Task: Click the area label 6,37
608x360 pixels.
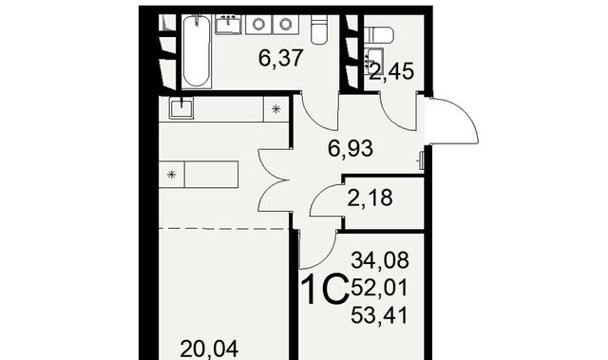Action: [x=280, y=59]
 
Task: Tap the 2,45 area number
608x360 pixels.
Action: [x=391, y=71]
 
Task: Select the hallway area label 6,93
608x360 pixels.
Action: [x=351, y=148]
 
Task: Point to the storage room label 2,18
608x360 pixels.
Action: [x=370, y=198]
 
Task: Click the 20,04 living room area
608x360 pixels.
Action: [x=209, y=350]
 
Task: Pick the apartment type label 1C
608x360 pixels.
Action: [x=325, y=289]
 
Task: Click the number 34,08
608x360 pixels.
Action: [x=380, y=260]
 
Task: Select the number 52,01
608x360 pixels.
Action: [x=380, y=288]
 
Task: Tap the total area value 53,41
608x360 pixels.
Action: [x=380, y=315]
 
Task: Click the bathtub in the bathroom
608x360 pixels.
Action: [x=197, y=50]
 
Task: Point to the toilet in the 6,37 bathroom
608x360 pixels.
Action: [x=319, y=29]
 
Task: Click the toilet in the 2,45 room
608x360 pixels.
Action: [x=379, y=35]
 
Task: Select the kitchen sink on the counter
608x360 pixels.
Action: [x=181, y=107]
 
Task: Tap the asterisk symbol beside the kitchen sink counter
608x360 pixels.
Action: [x=276, y=109]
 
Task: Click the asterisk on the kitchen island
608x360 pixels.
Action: [x=172, y=175]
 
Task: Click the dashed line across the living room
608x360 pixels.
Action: [x=225, y=229]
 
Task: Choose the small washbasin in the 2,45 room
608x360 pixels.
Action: [x=374, y=59]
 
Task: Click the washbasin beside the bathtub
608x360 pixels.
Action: [x=228, y=24]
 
